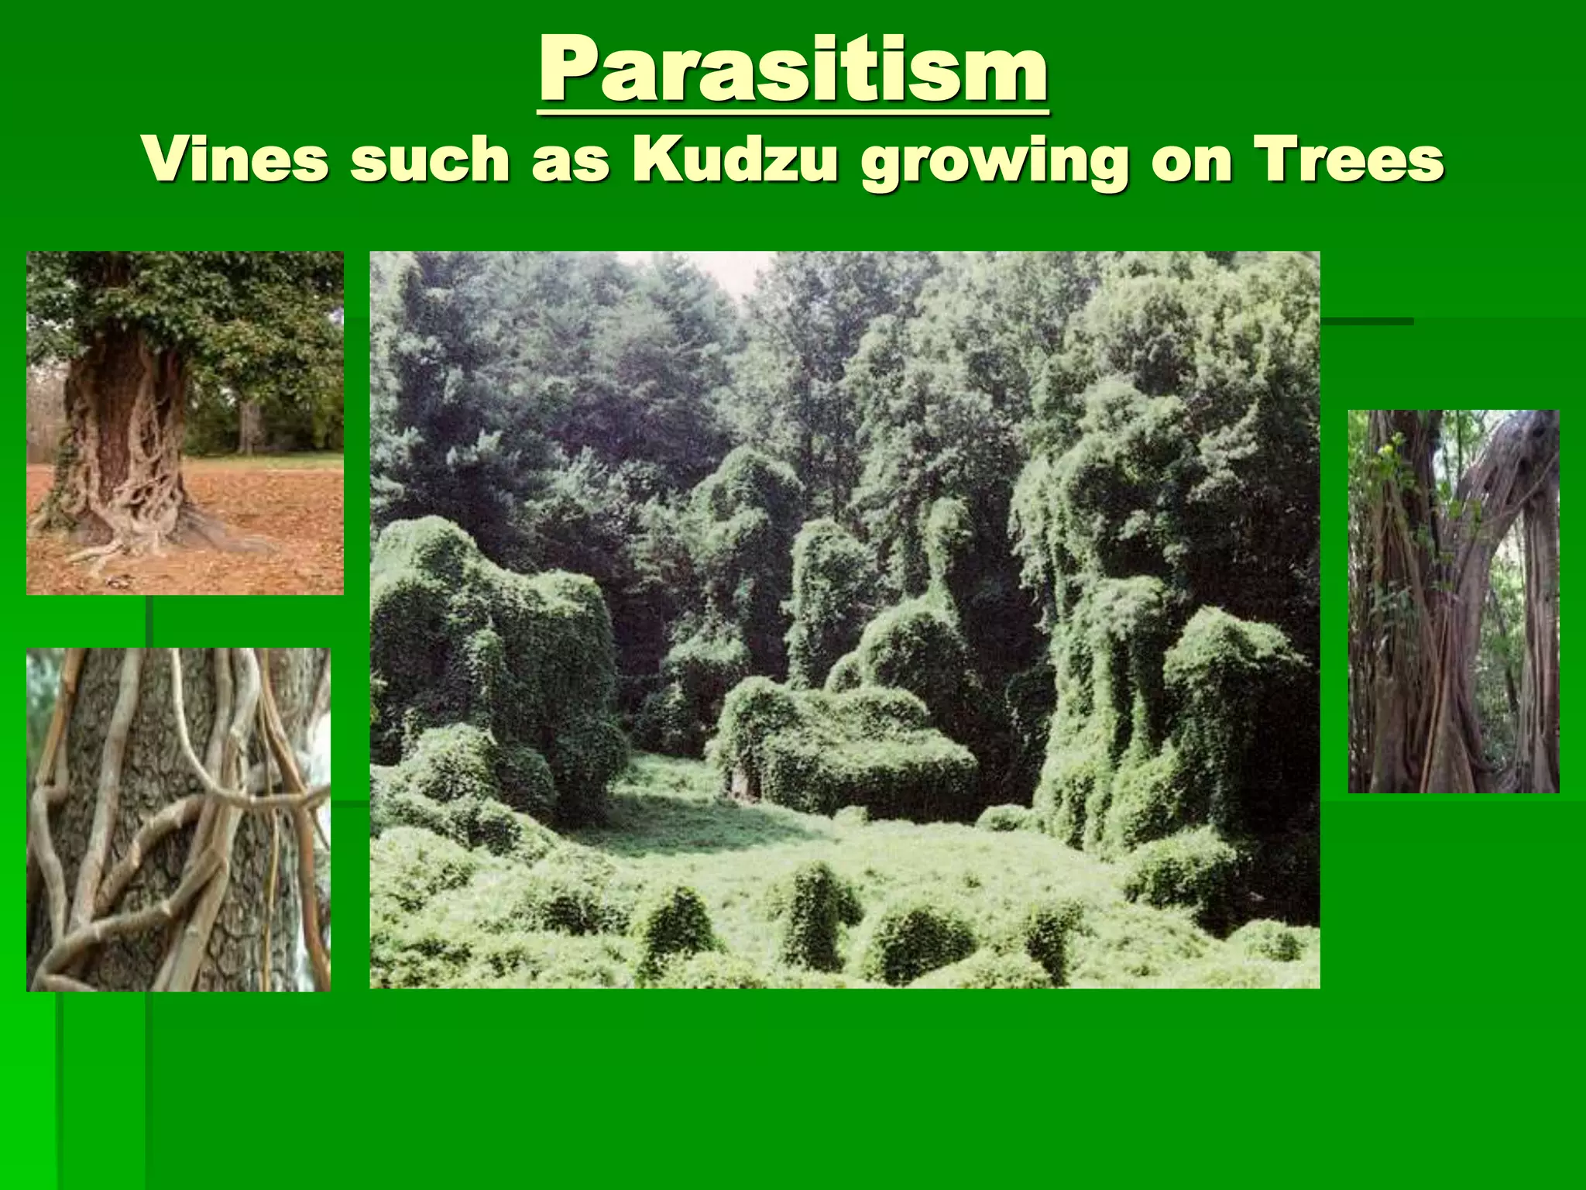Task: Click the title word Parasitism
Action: pos(793,71)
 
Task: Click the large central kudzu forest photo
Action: pos(844,620)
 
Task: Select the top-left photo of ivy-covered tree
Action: pos(184,422)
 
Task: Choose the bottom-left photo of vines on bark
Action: pos(178,819)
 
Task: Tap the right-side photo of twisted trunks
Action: pos(1453,601)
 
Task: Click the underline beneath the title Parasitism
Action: pos(793,112)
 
